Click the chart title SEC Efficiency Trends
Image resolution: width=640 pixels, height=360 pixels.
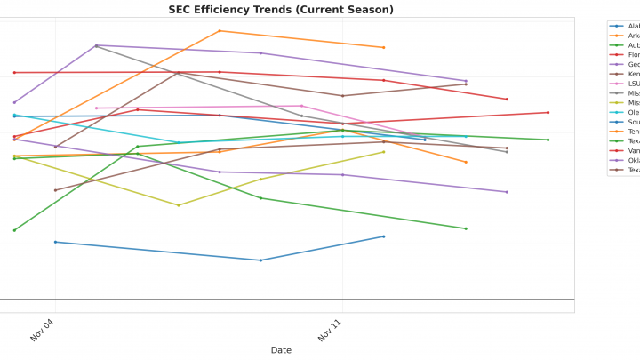click(281, 10)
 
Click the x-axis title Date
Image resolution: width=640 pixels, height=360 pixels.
click(281, 350)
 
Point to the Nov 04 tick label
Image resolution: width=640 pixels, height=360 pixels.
click(44, 331)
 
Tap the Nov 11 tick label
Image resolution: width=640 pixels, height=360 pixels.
click(331, 331)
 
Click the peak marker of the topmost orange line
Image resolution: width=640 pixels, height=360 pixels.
click(220, 31)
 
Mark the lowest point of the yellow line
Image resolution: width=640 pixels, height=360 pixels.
click(179, 205)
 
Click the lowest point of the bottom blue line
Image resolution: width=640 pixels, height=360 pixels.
click(260, 260)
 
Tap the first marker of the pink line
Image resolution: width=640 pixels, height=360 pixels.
click(96, 108)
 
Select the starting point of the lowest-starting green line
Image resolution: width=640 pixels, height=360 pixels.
click(14, 230)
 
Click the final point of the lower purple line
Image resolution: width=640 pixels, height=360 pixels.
click(507, 192)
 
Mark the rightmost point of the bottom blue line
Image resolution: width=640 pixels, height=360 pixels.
click(384, 236)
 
